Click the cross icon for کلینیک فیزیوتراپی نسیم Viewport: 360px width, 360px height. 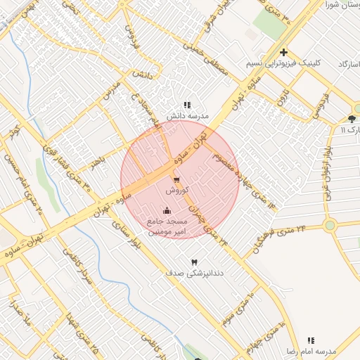283,52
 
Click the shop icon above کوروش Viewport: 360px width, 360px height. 176,180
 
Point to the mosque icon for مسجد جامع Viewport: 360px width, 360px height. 167,210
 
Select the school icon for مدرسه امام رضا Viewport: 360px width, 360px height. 311,340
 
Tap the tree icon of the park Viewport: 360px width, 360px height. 352,119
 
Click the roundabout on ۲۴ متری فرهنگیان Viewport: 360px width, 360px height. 329,225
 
